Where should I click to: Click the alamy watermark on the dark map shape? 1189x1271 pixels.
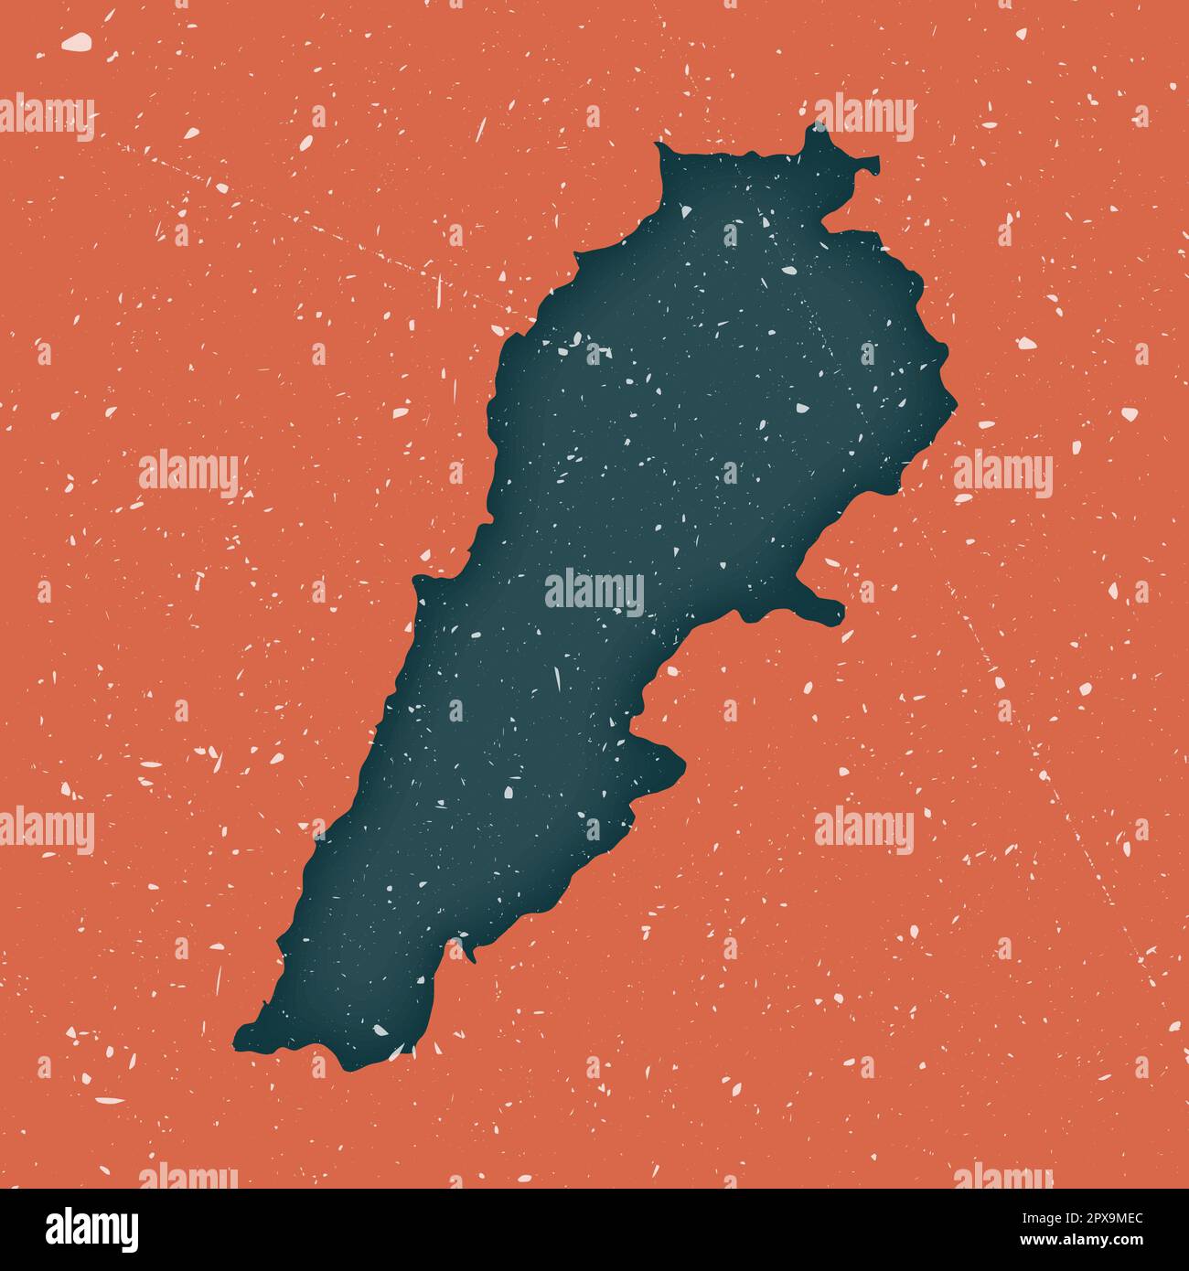pyautogui.click(x=594, y=593)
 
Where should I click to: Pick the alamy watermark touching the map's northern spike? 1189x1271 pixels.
pyautogui.click(x=863, y=119)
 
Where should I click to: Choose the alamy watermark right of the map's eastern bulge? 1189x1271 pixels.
pyautogui.click(x=1002, y=475)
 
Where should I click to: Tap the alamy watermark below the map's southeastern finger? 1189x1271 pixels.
pyautogui.click(x=863, y=830)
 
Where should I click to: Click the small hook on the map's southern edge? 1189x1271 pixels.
pyautogui.click(x=471, y=956)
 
